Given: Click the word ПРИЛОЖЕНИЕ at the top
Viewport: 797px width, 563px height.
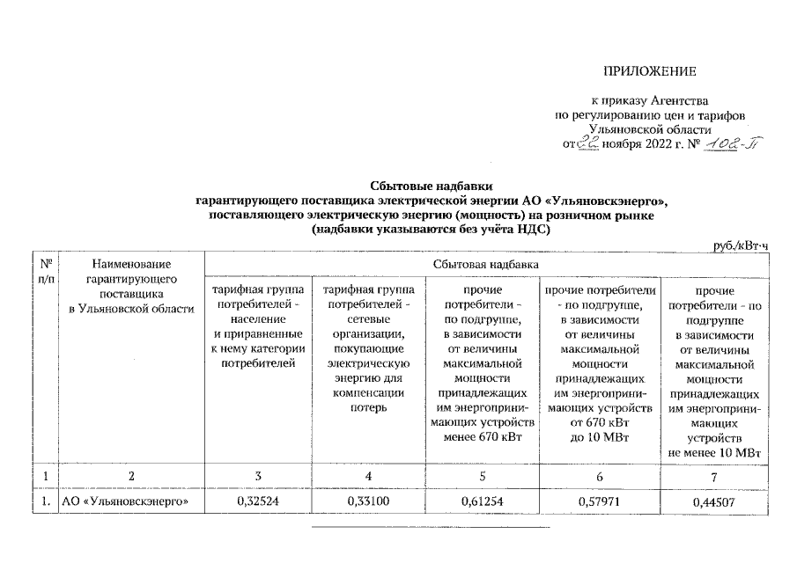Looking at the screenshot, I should click(649, 69).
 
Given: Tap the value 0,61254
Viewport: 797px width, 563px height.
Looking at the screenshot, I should click(482, 502).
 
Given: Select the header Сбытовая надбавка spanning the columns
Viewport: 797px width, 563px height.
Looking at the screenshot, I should click(485, 263).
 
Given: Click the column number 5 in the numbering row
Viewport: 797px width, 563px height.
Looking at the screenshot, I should click(482, 476).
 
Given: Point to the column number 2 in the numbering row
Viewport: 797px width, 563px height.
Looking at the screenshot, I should click(130, 476).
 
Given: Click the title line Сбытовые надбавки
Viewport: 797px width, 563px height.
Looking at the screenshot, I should click(431, 186).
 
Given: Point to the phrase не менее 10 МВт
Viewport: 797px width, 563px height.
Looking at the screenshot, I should click(714, 452).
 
